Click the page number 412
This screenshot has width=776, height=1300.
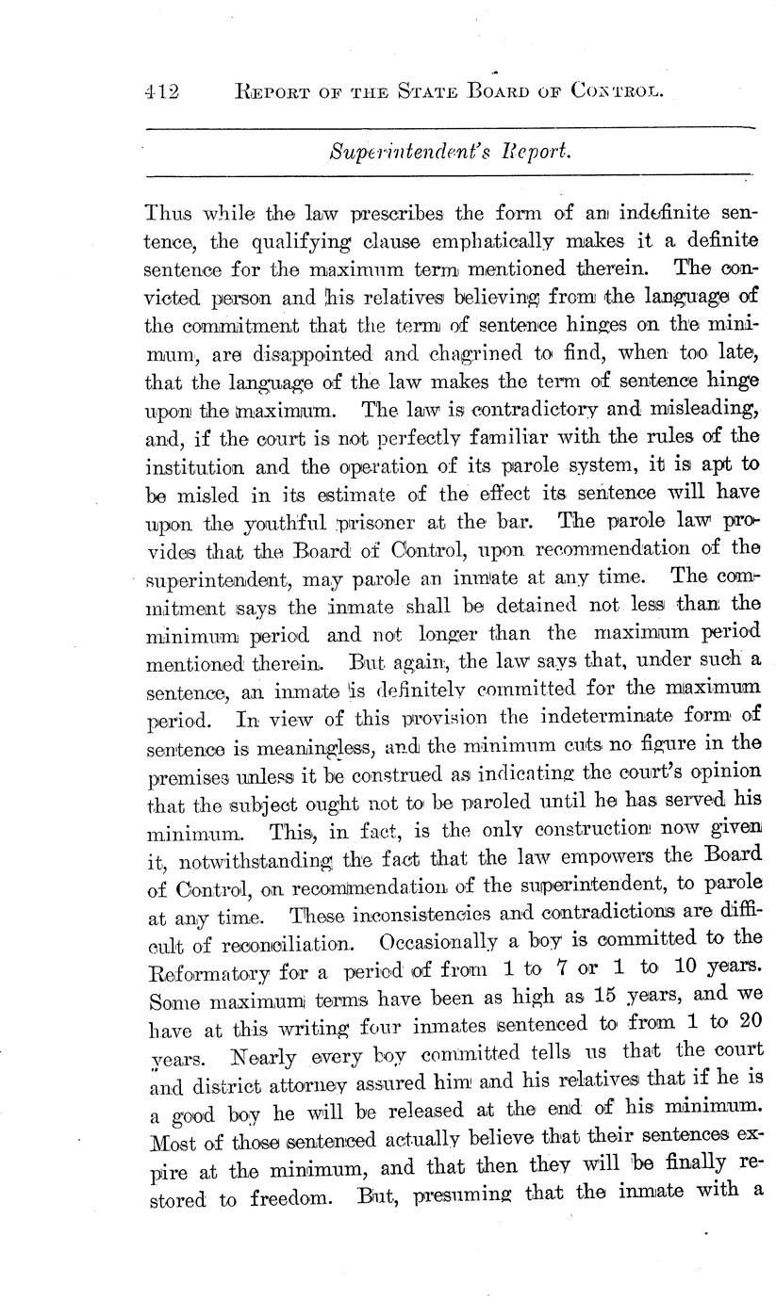[162, 91]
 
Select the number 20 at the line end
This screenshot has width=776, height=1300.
[746, 1022]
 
